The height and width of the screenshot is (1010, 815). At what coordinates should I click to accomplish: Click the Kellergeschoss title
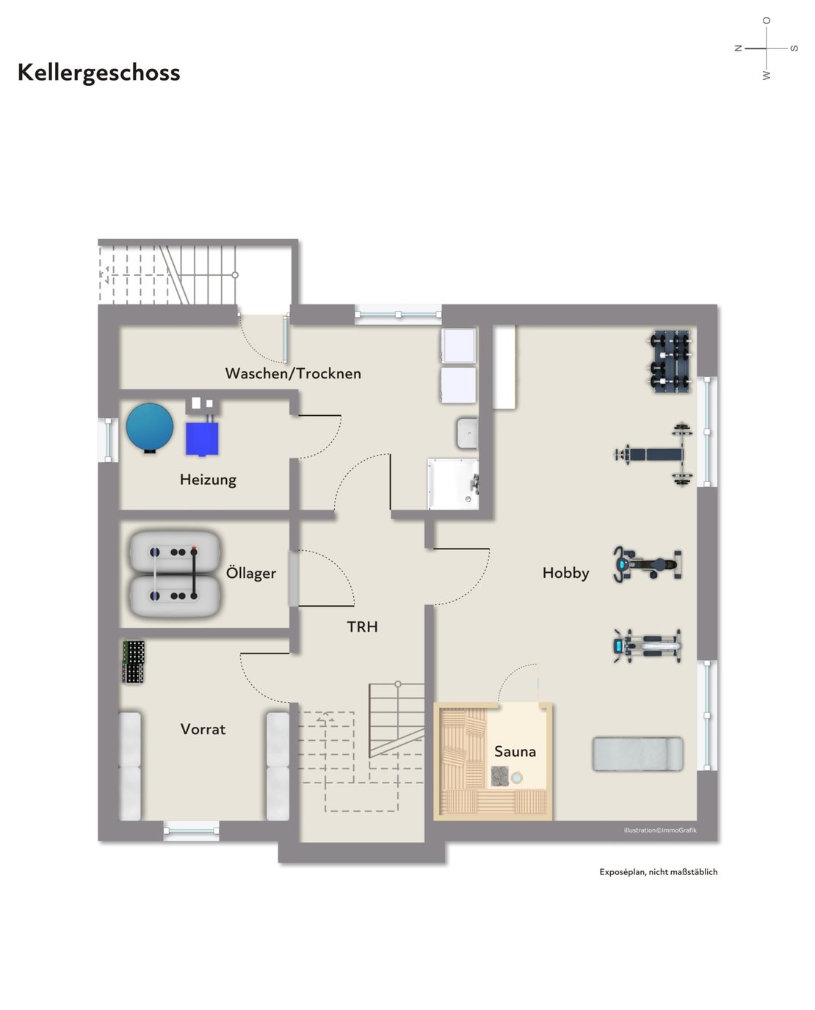tap(98, 73)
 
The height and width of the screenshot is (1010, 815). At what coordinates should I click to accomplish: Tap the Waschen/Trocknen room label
tap(293, 373)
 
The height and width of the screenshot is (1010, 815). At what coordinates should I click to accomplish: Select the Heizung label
tap(208, 480)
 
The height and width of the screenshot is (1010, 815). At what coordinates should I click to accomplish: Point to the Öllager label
tap(251, 573)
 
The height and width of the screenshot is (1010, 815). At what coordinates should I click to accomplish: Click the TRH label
tap(362, 626)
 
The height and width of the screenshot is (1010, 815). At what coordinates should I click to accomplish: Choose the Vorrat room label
tap(203, 729)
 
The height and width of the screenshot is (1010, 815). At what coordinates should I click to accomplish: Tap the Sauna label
tap(515, 751)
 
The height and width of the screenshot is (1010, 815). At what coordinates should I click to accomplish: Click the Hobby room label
tap(565, 573)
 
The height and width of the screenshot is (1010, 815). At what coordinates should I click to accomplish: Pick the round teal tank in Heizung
tap(150, 427)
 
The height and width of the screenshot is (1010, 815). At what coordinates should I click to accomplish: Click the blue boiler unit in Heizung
tap(202, 439)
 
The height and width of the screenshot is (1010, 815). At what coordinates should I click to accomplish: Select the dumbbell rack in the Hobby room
tap(671, 361)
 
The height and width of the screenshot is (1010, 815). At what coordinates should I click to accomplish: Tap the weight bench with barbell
tap(654, 454)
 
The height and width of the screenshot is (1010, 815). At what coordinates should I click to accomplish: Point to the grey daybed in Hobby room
tap(638, 754)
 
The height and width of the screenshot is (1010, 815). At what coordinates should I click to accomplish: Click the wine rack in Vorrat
tap(134, 662)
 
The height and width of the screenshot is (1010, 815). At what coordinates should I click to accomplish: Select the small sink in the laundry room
tap(467, 433)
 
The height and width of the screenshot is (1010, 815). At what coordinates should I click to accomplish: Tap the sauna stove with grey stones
tap(499, 776)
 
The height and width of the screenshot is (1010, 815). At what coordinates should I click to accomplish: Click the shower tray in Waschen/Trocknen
tap(453, 484)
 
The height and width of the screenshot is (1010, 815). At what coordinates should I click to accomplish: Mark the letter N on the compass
tap(738, 48)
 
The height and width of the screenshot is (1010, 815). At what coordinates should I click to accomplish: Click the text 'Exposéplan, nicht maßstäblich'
tap(658, 872)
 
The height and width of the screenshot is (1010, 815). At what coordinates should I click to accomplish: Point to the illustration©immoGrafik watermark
tap(660, 830)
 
